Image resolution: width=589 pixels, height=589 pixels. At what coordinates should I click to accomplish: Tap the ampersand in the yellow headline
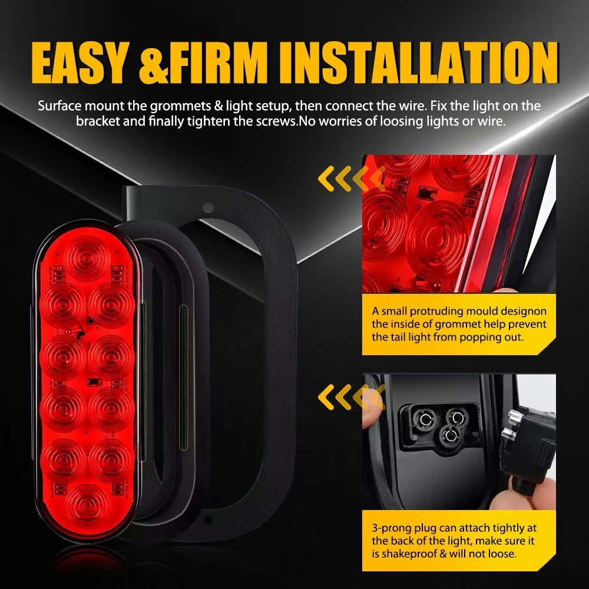tap(153, 63)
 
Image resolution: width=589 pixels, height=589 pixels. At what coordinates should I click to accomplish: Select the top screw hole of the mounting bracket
tap(208, 207)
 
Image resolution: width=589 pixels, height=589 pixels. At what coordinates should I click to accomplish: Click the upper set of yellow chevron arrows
tap(351, 178)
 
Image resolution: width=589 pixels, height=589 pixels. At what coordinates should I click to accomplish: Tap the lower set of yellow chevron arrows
tap(351, 396)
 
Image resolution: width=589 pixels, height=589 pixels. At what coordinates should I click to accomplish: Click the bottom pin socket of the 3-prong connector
tap(449, 435)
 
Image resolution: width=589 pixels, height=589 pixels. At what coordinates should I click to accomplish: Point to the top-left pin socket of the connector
tap(426, 418)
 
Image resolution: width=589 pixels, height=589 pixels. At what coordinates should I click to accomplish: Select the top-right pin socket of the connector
tap(456, 416)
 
